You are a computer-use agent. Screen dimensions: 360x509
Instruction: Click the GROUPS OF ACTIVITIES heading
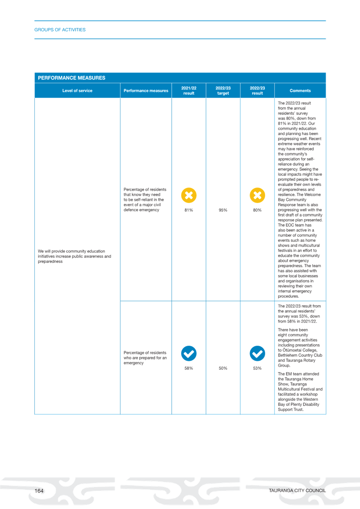coord(60,30)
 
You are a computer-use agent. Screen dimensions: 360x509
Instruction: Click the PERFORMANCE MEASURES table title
coord(71,78)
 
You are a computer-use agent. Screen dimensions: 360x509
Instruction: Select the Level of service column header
coord(77,91)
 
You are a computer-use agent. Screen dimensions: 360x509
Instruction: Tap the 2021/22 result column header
coord(189,91)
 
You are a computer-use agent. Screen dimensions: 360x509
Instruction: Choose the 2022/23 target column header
coord(223,91)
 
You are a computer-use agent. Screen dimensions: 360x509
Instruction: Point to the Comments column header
coord(300,91)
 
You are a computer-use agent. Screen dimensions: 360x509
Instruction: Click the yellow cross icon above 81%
coord(189,195)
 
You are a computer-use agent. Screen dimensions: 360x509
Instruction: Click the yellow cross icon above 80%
coord(257,195)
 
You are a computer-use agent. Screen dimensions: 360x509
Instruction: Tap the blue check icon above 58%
coord(189,353)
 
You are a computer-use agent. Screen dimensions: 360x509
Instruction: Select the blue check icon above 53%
coord(257,353)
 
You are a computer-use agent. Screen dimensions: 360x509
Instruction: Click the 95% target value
coord(223,210)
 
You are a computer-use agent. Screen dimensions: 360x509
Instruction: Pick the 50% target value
coord(223,368)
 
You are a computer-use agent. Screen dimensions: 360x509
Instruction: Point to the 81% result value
coord(189,210)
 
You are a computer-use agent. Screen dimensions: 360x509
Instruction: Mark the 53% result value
coord(257,368)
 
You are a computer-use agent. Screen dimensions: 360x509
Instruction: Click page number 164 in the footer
coord(39,491)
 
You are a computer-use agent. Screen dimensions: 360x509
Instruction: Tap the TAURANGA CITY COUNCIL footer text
coord(297,491)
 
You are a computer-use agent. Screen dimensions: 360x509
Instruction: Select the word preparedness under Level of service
coord(50,262)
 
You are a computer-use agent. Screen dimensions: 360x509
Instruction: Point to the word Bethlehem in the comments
coord(287,355)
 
